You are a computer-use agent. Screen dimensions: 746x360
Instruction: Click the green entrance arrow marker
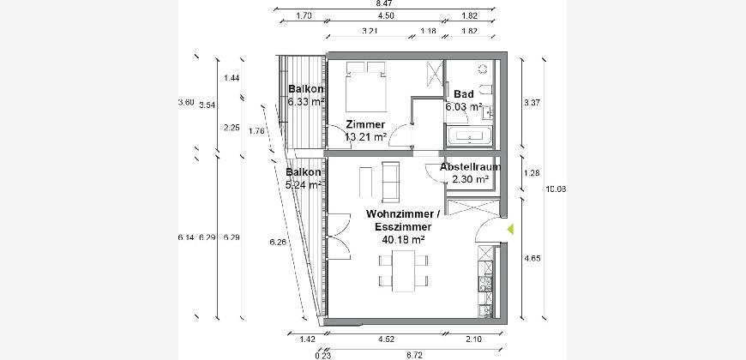click(x=510, y=230)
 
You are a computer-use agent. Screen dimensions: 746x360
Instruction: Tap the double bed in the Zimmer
click(x=366, y=87)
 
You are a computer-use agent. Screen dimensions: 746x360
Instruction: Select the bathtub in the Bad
click(x=470, y=135)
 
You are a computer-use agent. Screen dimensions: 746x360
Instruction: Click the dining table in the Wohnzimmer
click(x=404, y=271)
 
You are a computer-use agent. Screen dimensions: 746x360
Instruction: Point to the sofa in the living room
click(x=391, y=182)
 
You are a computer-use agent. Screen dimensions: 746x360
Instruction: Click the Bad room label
click(x=463, y=94)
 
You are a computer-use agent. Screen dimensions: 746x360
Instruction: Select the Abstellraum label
click(x=470, y=167)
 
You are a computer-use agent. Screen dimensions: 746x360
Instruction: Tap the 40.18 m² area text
click(x=404, y=240)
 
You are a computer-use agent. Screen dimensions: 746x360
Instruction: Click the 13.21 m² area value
click(x=365, y=137)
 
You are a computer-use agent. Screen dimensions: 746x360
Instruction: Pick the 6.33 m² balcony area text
click(x=306, y=101)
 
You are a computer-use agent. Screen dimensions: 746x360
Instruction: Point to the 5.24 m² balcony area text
click(x=304, y=184)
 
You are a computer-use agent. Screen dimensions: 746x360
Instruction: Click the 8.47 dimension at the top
click(x=384, y=3)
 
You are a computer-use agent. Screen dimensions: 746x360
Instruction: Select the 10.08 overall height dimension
click(x=556, y=189)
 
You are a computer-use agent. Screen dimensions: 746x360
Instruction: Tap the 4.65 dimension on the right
click(x=532, y=259)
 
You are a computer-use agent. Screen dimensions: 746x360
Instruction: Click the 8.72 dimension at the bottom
click(x=415, y=355)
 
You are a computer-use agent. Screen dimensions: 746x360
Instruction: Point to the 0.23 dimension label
click(x=322, y=355)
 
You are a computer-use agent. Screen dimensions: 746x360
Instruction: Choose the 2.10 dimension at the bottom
click(x=474, y=339)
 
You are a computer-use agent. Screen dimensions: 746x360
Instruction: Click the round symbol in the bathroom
click(x=482, y=69)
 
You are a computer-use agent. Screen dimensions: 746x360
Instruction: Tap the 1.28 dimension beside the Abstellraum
click(x=532, y=173)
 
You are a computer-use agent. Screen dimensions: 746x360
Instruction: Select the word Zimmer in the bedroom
click(x=365, y=125)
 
